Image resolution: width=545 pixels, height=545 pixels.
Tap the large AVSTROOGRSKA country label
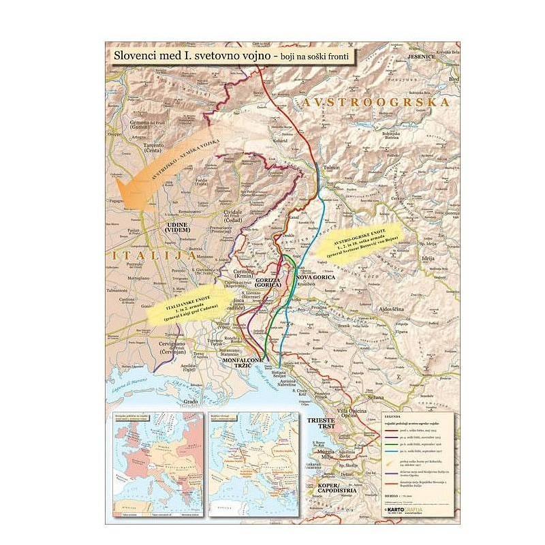pos(376,102)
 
